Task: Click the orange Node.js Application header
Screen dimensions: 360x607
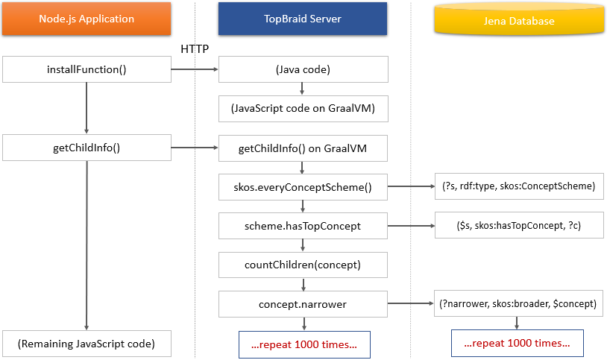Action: pos(87,19)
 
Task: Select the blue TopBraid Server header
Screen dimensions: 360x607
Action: pos(303,19)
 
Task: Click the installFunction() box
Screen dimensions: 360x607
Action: pos(87,70)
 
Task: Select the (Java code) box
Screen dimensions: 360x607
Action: pos(303,70)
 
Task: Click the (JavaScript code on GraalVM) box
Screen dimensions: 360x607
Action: pos(303,109)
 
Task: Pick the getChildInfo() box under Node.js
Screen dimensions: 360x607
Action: pos(87,148)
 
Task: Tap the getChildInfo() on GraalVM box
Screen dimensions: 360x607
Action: pos(303,148)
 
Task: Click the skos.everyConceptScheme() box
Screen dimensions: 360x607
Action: pos(303,186)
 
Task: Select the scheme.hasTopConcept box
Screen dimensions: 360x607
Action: pos(303,225)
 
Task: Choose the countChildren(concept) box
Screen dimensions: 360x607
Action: pos(303,264)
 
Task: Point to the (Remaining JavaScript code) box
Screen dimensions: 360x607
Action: pos(87,343)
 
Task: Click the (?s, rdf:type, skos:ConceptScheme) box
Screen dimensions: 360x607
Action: pos(518,186)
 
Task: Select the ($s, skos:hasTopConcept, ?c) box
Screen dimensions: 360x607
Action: pos(518,225)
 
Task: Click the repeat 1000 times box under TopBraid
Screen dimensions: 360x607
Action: pos(304,344)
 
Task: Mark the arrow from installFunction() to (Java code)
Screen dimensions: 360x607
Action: pos(195,70)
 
